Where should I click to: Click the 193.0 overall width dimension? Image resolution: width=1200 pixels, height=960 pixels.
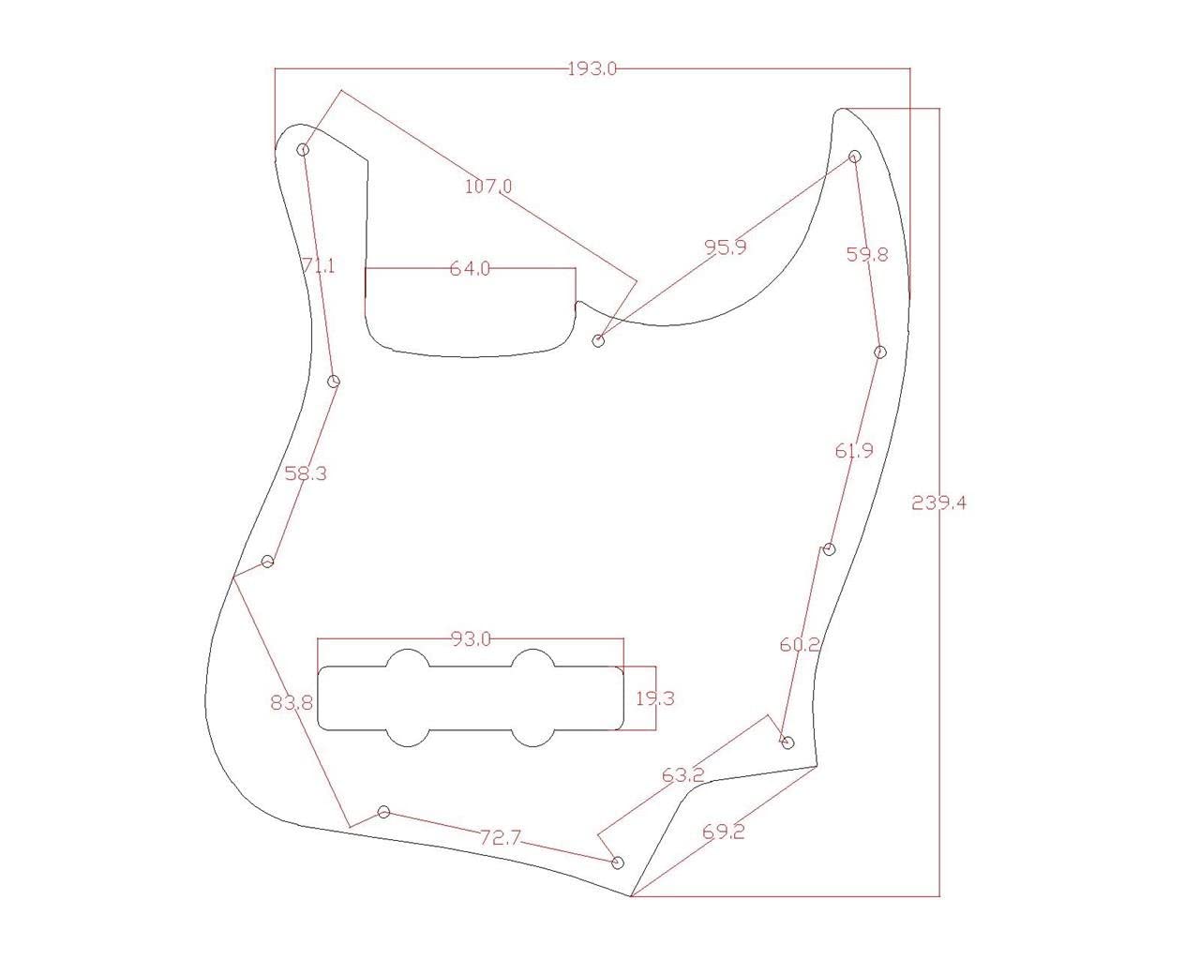tap(592, 68)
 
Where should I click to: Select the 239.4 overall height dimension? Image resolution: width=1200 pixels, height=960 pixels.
tap(938, 503)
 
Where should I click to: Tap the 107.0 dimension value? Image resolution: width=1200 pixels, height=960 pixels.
tap(488, 187)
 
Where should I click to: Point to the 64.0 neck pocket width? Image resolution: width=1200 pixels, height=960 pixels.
tap(470, 269)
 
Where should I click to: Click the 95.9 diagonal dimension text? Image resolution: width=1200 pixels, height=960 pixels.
tap(726, 247)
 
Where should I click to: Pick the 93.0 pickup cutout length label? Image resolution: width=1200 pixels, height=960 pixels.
tap(471, 639)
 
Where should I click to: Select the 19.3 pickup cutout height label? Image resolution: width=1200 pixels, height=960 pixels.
tap(655, 698)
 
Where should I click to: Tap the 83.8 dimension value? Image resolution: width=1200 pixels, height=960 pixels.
tap(292, 702)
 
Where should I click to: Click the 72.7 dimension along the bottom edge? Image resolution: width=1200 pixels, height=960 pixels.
tap(500, 837)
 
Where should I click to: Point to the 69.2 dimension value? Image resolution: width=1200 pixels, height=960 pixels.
tap(723, 832)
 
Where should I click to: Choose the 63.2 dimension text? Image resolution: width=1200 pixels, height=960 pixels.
tap(682, 775)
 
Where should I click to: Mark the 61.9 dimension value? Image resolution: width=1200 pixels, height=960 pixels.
tap(854, 451)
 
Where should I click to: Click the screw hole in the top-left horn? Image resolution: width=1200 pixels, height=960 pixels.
tap(303, 150)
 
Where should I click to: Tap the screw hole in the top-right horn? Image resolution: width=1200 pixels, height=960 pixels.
tap(854, 156)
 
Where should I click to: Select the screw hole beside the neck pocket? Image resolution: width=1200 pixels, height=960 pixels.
tap(599, 340)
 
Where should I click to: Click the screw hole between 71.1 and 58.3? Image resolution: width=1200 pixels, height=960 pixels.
tap(334, 381)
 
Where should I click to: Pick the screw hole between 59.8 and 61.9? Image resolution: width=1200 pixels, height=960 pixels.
tap(879, 352)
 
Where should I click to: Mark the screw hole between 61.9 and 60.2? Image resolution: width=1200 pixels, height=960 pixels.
tap(828, 549)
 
